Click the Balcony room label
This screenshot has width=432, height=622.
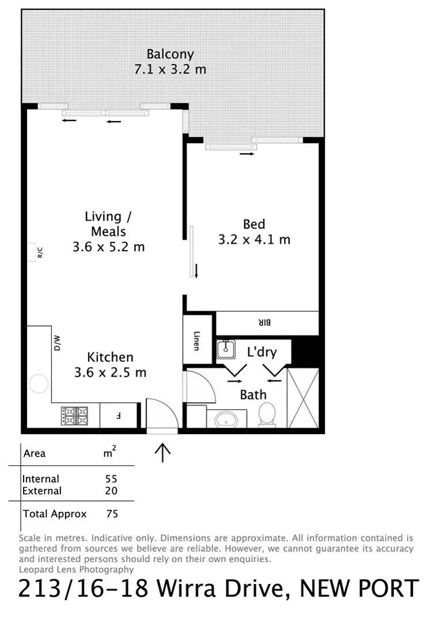[170, 55]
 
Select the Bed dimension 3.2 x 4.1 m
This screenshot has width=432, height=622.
[254, 239]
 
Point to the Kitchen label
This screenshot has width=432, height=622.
[110, 357]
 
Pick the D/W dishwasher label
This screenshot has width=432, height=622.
[58, 344]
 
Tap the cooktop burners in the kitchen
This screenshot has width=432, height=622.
[74, 415]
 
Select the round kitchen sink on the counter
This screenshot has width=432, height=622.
[39, 384]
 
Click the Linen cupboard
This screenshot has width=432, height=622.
[197, 340]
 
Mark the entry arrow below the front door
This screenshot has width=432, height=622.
[163, 452]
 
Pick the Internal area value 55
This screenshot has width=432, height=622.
[111, 479]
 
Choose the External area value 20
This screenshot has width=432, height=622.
[111, 491]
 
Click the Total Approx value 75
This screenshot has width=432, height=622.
[112, 514]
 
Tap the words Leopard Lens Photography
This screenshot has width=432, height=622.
[76, 570]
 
